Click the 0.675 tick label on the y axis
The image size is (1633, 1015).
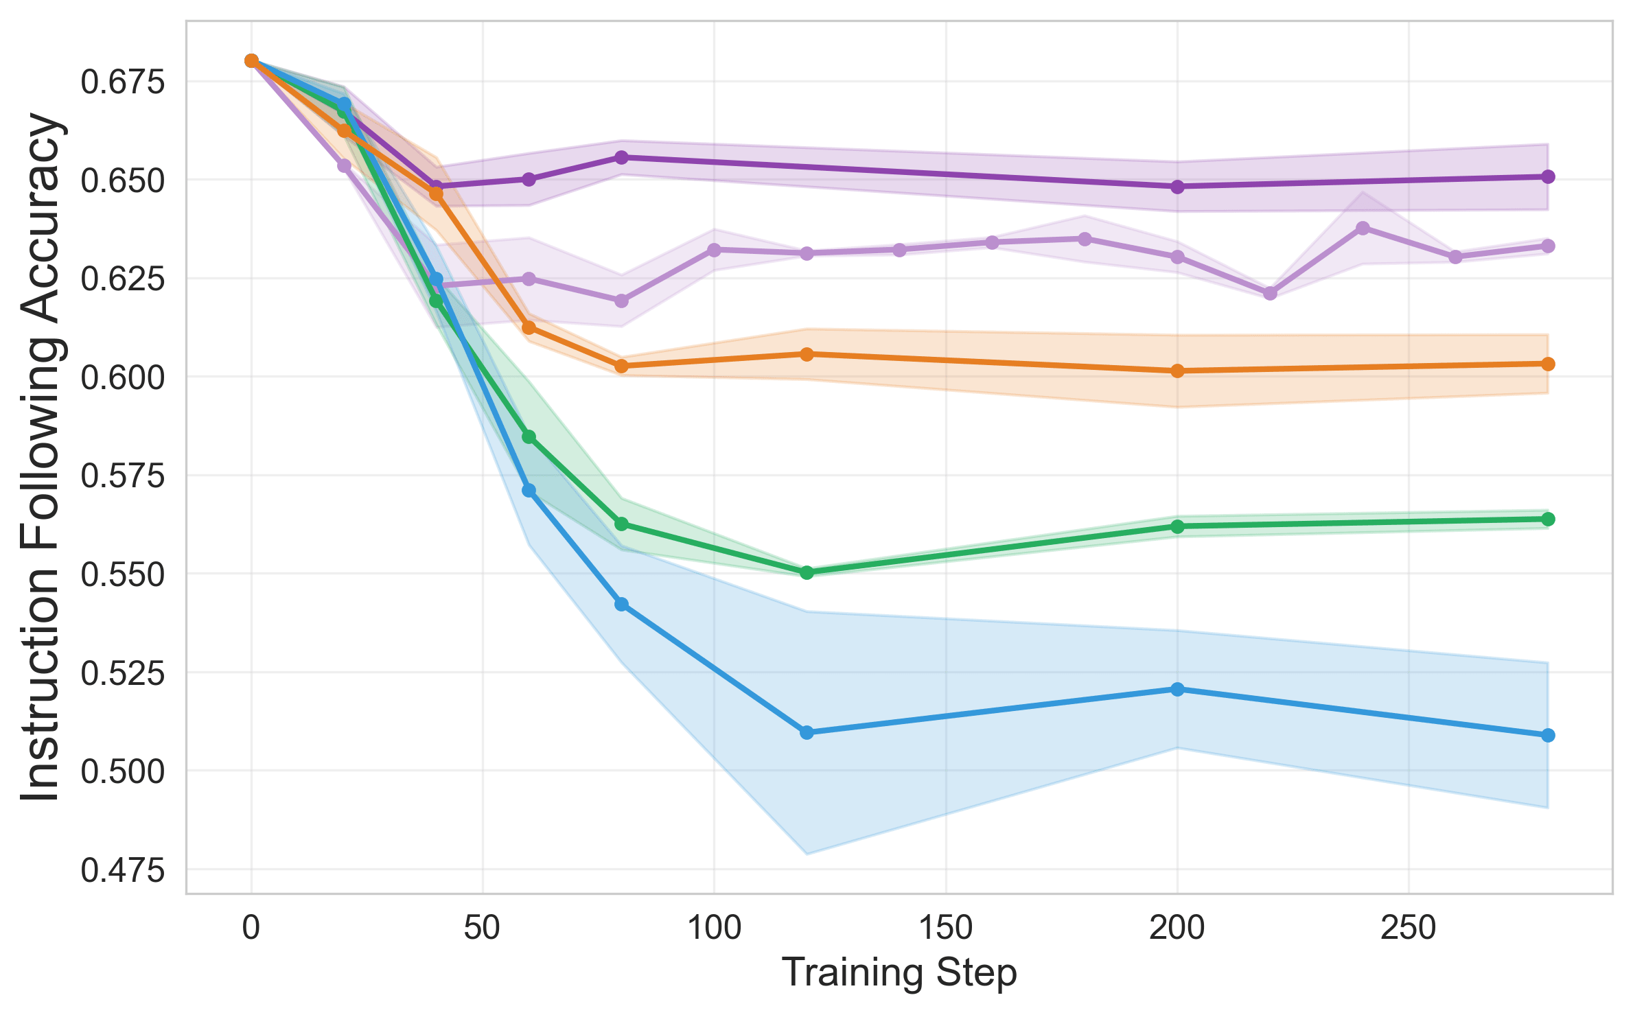click(123, 82)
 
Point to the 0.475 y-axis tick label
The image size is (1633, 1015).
click(123, 871)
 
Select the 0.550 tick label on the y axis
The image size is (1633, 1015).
click(123, 575)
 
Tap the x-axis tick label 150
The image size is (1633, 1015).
click(945, 929)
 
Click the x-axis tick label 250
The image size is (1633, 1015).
click(1409, 929)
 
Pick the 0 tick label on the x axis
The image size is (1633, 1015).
click(251, 929)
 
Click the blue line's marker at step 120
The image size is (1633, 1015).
click(807, 733)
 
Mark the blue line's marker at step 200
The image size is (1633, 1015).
click(1177, 689)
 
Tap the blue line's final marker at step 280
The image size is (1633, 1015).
click(1548, 736)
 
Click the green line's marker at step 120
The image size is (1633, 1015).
click(807, 572)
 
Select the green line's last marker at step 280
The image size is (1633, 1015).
click(1548, 519)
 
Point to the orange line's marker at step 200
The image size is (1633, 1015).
click(1177, 371)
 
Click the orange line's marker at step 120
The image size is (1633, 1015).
click(807, 354)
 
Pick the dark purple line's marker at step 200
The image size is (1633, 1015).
click(1177, 187)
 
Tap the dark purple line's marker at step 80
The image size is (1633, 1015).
click(621, 157)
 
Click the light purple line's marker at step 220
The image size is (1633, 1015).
click(1270, 293)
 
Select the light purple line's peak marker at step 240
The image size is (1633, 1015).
click(1363, 228)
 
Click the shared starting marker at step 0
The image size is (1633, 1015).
click(251, 61)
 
